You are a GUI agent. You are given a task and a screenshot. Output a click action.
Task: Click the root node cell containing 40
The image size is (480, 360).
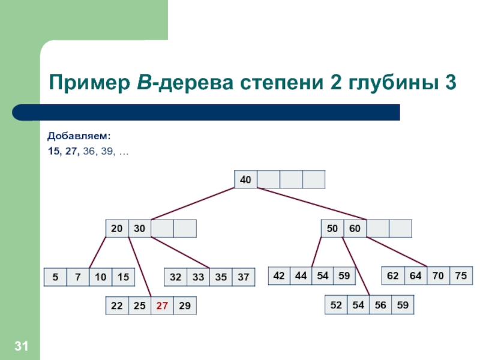click(x=245, y=179)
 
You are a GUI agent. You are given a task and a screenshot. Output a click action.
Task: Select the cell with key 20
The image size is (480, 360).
click(x=116, y=229)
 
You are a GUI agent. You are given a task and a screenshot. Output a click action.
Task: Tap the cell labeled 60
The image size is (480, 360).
click(x=355, y=229)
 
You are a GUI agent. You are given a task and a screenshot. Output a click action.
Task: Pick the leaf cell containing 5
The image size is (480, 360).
click(x=55, y=277)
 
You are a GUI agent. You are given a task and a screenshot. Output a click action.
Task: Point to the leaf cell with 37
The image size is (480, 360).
click(x=243, y=277)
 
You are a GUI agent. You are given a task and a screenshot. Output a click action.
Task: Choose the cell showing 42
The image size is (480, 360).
click(x=279, y=275)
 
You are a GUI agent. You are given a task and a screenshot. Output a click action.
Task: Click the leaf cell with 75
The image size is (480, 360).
click(x=461, y=275)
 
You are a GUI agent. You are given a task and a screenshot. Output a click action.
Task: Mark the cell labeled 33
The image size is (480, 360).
click(x=198, y=277)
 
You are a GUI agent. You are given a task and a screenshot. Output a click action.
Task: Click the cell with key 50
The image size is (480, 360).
click(x=332, y=229)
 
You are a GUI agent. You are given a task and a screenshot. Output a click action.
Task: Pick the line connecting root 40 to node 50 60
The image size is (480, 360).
click(x=312, y=204)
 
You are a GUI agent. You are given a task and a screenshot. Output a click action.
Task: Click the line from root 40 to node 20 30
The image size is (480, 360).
click(x=192, y=204)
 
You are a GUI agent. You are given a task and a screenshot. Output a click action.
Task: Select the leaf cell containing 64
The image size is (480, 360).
click(x=416, y=275)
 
